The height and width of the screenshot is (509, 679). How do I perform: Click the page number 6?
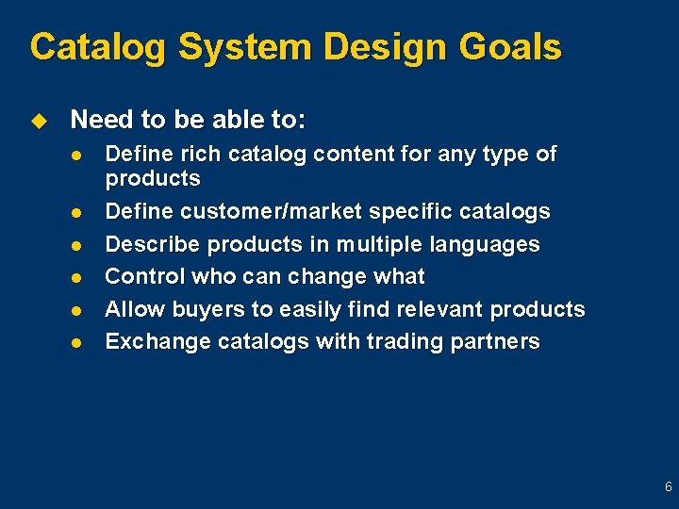[668, 487]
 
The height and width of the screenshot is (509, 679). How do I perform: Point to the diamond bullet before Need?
[39, 121]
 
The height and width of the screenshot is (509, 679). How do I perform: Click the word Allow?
[132, 309]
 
